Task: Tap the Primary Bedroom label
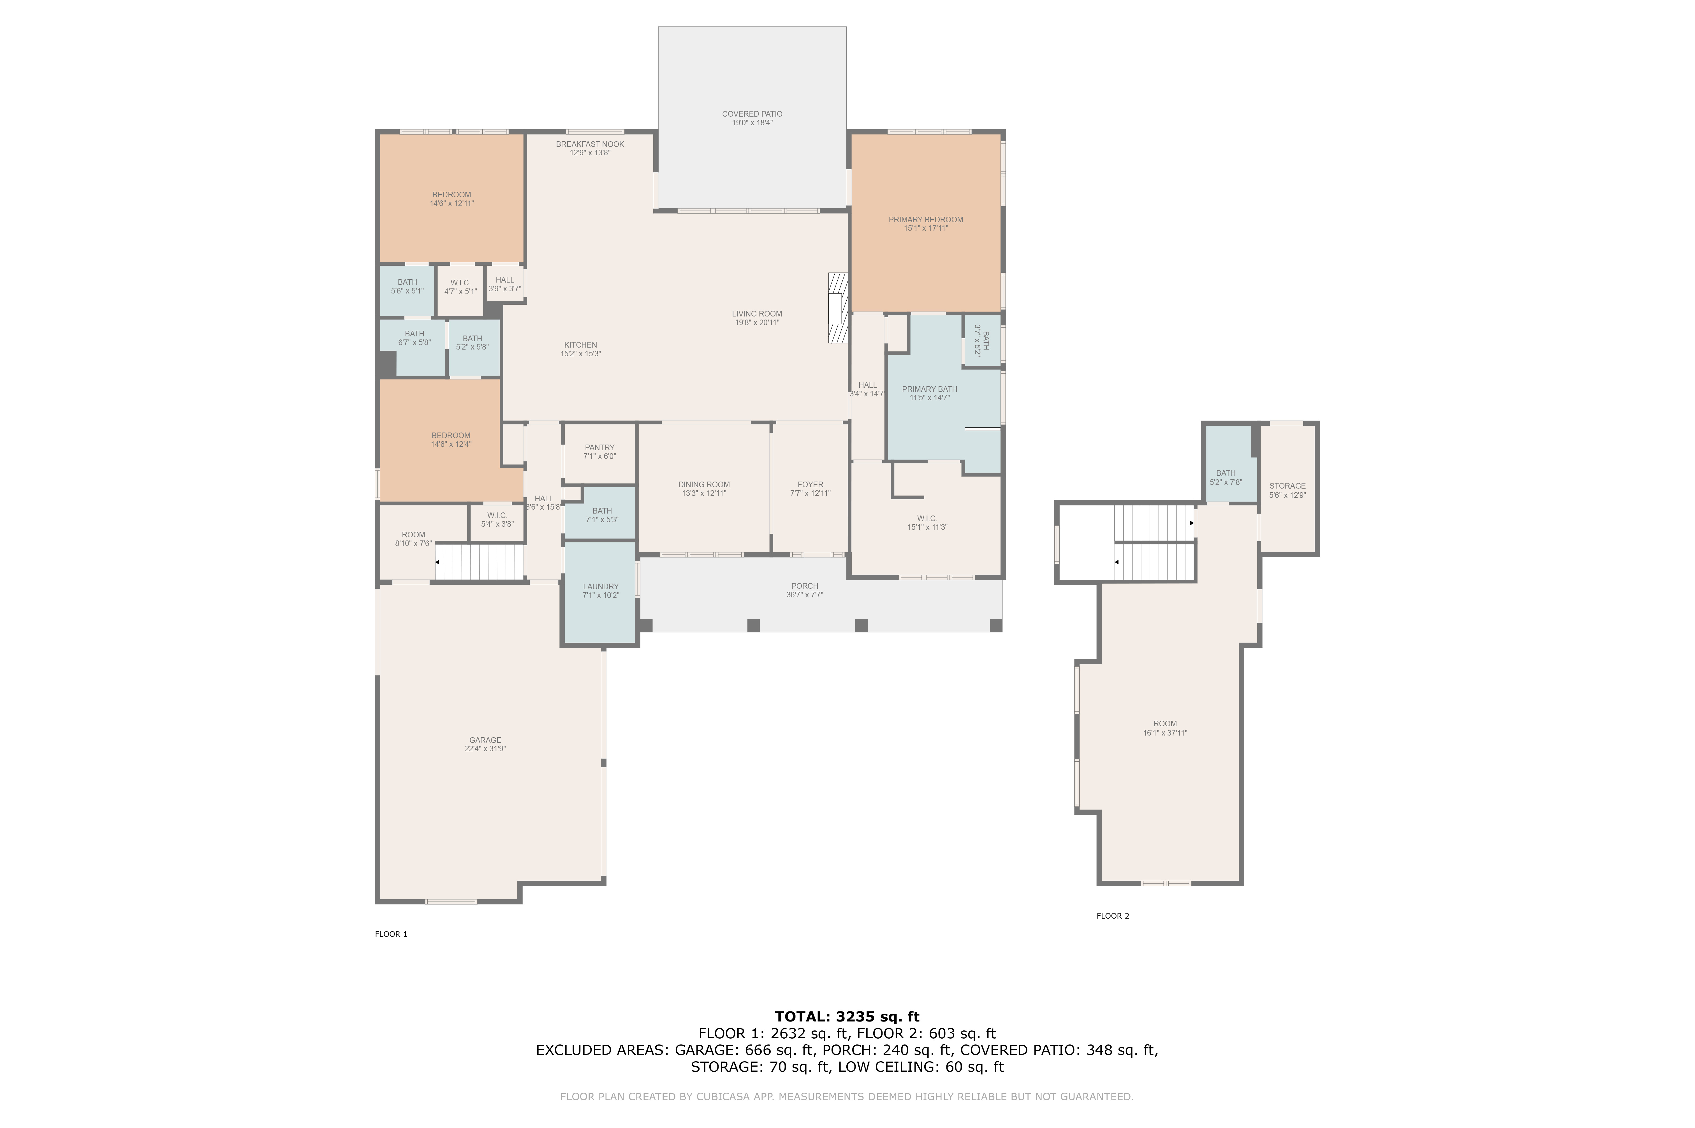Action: coord(925,219)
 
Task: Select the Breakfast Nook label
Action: coord(590,144)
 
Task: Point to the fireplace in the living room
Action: coord(838,308)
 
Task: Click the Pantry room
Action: coord(600,453)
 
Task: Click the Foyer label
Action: coord(811,484)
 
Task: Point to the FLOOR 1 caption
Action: coord(391,934)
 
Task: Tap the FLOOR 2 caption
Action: coord(1113,916)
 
